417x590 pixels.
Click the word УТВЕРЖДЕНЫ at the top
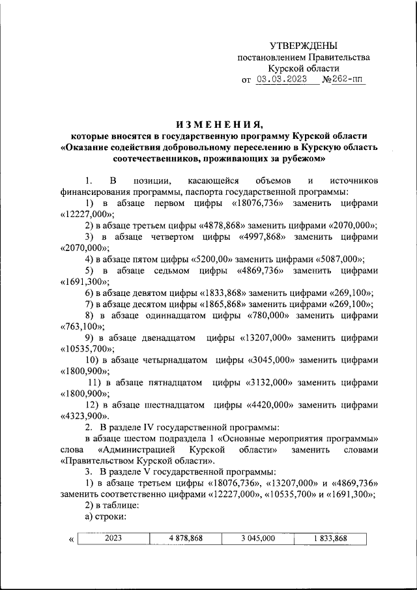(x=304, y=46)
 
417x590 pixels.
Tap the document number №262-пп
(x=344, y=80)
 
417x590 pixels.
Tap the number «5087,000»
(x=339, y=259)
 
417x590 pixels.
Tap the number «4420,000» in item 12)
(x=272, y=405)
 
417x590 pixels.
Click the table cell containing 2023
(x=113, y=538)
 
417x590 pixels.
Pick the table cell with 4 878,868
(x=185, y=538)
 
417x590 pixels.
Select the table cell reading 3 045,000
(x=257, y=538)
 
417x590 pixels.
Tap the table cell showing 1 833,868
(x=330, y=538)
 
